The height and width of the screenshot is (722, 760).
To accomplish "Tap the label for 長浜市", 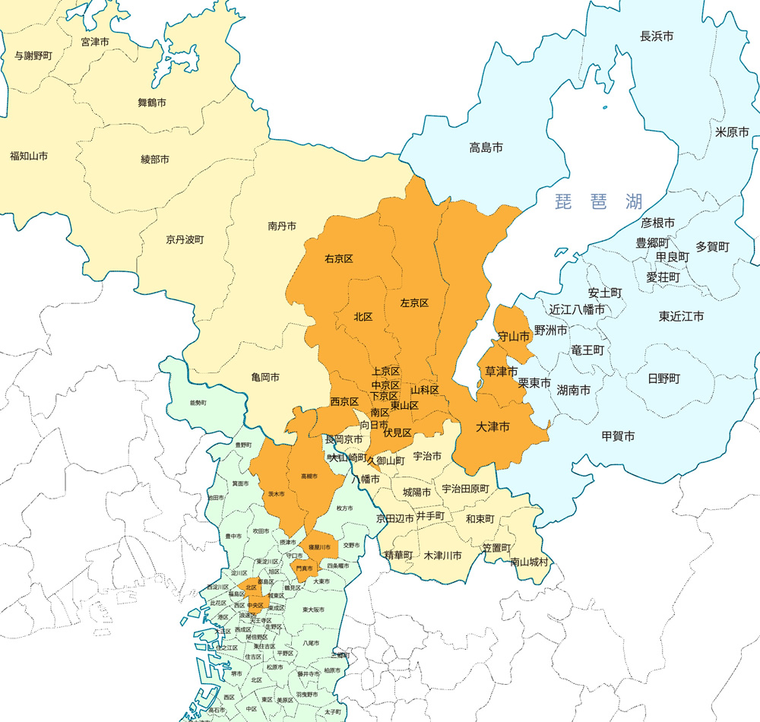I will click(x=657, y=36).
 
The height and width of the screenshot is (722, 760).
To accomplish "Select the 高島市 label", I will click(x=486, y=147).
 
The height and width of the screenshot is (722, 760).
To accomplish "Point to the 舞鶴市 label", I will click(x=152, y=102).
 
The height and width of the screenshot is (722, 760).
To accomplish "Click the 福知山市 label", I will click(x=29, y=156).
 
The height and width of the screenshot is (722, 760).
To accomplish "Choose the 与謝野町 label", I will click(x=33, y=56).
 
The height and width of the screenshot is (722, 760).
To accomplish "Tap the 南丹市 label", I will click(x=282, y=226).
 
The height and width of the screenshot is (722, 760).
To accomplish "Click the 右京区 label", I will click(x=339, y=258).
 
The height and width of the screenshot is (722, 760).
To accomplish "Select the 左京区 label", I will click(x=414, y=302).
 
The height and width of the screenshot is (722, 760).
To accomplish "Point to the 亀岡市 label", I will click(x=265, y=377).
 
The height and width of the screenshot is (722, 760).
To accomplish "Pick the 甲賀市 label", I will click(x=618, y=435).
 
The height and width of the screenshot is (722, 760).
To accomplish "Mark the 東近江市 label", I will click(x=681, y=316).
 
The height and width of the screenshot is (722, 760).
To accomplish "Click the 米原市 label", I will click(x=732, y=131).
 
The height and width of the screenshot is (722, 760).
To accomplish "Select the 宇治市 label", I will click(x=427, y=456).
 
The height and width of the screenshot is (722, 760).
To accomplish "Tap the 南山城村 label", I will click(x=530, y=562).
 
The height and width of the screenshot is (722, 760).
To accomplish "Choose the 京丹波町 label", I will click(x=185, y=239).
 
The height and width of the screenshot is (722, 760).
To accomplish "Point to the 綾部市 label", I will click(x=155, y=160).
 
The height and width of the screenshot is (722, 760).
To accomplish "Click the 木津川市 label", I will click(x=443, y=556).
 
